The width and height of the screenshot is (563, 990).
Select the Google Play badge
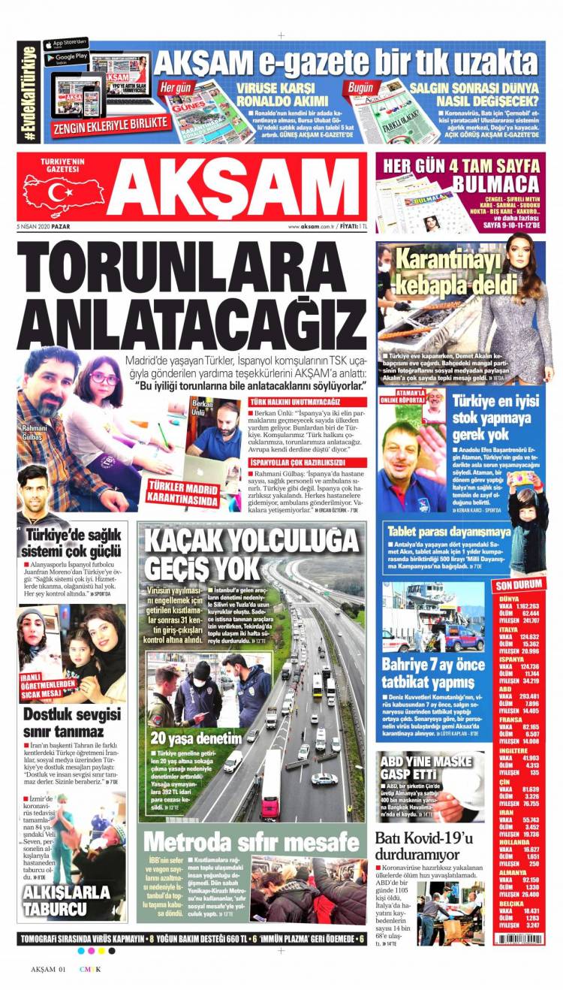coord(66,56)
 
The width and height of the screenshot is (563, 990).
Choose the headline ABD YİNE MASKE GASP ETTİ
coord(420,765)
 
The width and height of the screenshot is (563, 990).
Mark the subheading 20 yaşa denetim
coord(197,737)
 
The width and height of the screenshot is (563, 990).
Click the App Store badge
coord(66,42)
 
